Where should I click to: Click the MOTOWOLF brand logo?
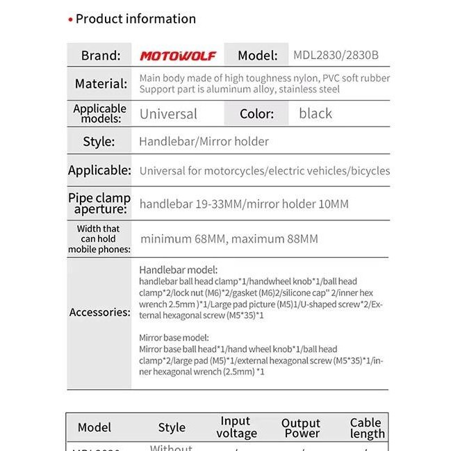pyautogui.click(x=178, y=56)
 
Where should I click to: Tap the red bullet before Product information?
pyautogui.click(x=70, y=19)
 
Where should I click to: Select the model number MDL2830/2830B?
pyautogui.click(x=336, y=56)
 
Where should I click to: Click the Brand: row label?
pyautogui.click(x=101, y=56)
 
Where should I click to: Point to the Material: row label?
pyautogui.click(x=101, y=84)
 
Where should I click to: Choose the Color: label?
pyautogui.click(x=256, y=114)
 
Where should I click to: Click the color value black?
pyautogui.click(x=315, y=113)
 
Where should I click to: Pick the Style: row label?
pyautogui.click(x=99, y=142)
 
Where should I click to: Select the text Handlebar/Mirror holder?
pyautogui.click(x=204, y=142)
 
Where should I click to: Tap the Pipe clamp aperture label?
pyautogui.click(x=99, y=204)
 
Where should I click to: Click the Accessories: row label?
pyautogui.click(x=99, y=312)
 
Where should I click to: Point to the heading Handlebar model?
pyautogui.click(x=179, y=270)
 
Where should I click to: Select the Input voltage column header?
pyautogui.click(x=236, y=427)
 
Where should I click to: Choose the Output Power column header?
pyautogui.click(x=301, y=428)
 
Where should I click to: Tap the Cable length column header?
pyautogui.click(x=366, y=428)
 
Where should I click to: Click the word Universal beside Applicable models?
pyautogui.click(x=168, y=114)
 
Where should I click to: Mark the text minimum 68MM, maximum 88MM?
pyautogui.click(x=229, y=239)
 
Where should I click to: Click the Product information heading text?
pyautogui.click(x=136, y=19)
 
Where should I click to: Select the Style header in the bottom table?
pyautogui.click(x=172, y=427)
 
